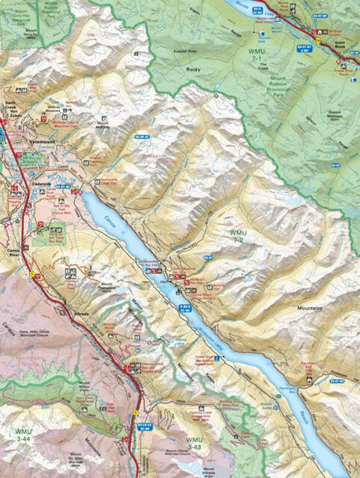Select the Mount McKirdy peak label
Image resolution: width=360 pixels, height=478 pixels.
click(x=103, y=123)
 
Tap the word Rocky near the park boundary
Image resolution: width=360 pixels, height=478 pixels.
click(x=195, y=69)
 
